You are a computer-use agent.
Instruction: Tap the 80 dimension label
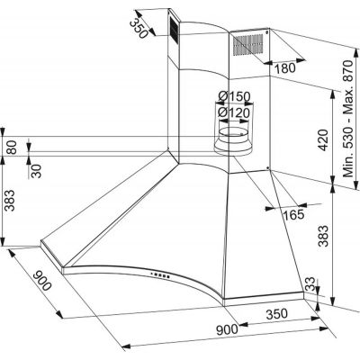click(x=11, y=147)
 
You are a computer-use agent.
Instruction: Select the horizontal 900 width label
click(x=227, y=330)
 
